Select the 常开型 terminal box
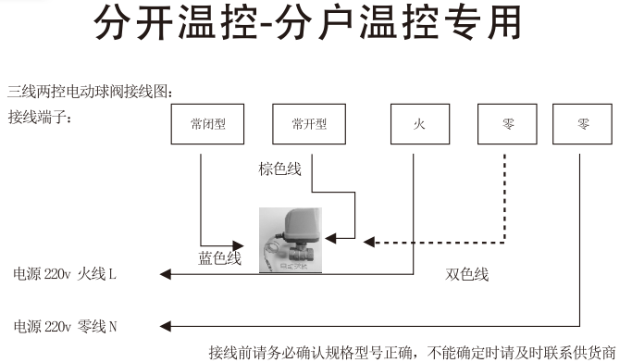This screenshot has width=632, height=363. tap(309, 125)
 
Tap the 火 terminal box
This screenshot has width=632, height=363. tap(419, 125)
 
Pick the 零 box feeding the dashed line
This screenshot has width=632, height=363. tap(508, 125)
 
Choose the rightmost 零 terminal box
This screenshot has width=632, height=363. tap(583, 125)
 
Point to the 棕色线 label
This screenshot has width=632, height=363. tap(280, 169)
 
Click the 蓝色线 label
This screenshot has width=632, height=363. tap(219, 258)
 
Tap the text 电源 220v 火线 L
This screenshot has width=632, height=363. tap(65, 274)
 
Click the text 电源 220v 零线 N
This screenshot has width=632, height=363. tap(66, 326)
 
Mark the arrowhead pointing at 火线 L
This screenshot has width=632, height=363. tap(166, 274)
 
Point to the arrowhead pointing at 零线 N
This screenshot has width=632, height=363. tap(166, 326)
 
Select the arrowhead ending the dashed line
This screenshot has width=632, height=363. tap(369, 243)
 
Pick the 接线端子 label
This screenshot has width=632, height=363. tap(40, 118)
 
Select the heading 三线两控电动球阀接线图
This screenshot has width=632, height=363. tap(90, 91)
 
